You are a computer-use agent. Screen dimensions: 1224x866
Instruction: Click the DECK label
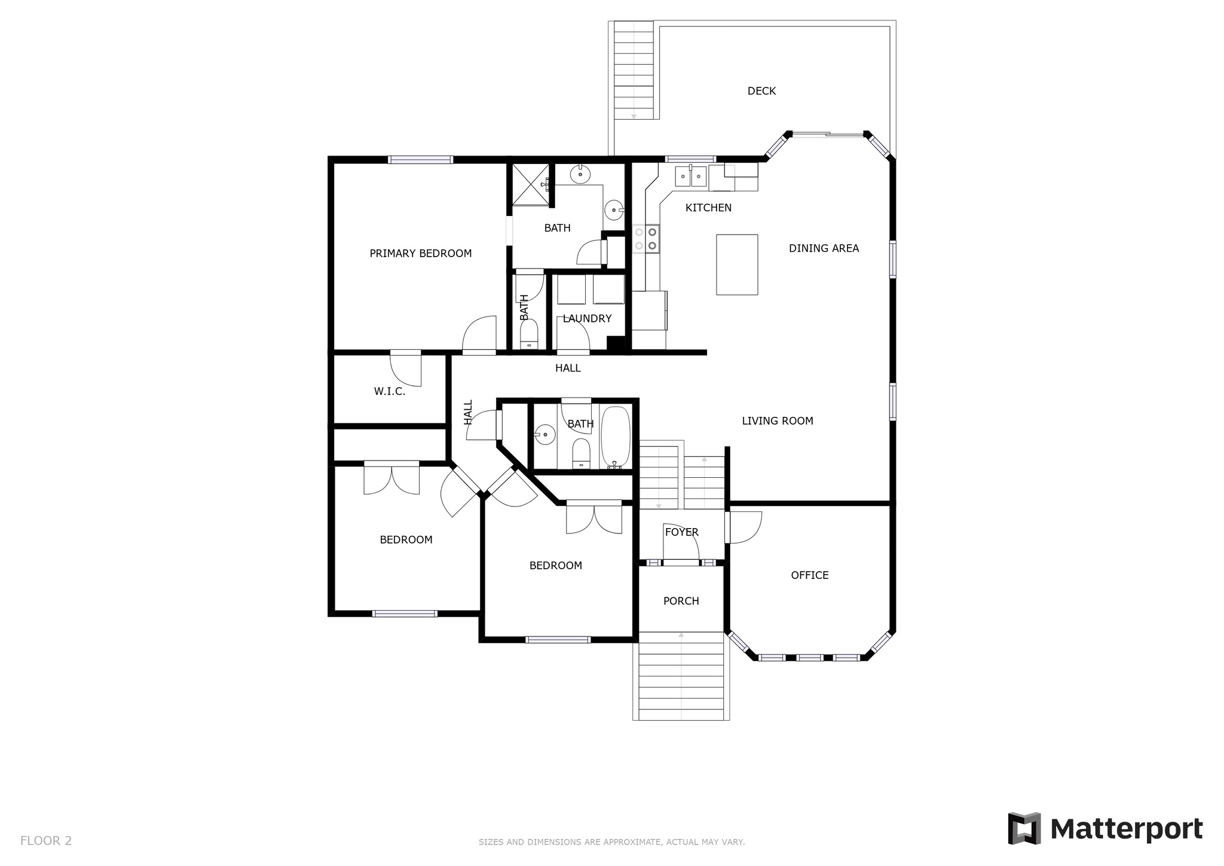761,91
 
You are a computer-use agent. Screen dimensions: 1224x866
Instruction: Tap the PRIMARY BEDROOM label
421,254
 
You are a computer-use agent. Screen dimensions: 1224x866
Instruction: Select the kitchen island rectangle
737,264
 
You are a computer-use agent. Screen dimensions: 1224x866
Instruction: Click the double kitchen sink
691,176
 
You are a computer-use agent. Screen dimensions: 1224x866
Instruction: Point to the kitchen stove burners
646,238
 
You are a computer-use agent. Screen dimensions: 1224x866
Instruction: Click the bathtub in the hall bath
616,437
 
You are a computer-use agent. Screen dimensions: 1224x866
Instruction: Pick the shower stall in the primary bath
529,184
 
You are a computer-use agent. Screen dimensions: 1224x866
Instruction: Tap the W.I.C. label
390,392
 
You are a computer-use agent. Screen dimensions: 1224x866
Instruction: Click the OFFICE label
810,575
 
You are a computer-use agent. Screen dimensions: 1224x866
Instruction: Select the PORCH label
681,601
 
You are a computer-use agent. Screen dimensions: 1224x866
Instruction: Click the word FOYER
682,532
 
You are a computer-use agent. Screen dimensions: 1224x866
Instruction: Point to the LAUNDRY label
587,319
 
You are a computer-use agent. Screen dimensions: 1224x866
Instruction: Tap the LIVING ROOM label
778,421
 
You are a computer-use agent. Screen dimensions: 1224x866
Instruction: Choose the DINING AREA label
824,248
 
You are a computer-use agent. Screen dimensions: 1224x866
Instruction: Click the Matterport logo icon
1024,828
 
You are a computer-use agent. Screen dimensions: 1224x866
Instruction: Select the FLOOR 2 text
46,841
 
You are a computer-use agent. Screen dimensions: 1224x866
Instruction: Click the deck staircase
634,71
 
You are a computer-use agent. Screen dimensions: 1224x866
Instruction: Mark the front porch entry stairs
681,676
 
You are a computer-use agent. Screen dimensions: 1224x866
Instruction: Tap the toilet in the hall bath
581,454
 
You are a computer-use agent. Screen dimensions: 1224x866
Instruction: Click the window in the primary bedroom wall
420,160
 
